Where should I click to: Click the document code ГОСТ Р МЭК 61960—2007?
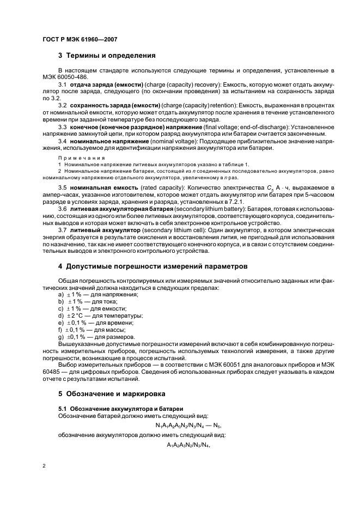(80, 40)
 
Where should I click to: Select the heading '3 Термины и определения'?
(107, 55)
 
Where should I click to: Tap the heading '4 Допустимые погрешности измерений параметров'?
(152, 266)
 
